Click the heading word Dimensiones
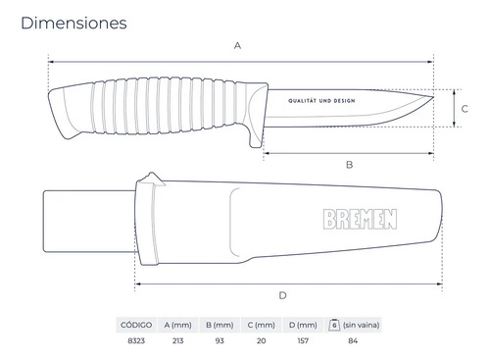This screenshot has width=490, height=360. [73, 23]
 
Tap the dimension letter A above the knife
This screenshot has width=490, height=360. [238, 45]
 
